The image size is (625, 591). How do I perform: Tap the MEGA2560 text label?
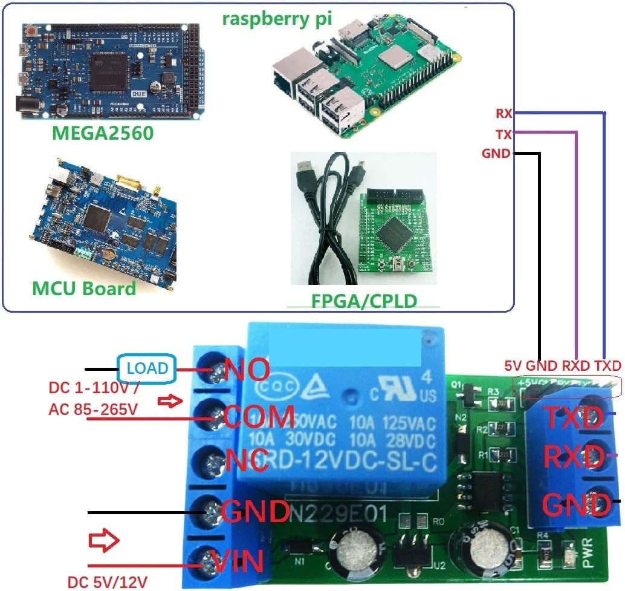[102, 132]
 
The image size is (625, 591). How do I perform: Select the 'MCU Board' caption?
[84, 288]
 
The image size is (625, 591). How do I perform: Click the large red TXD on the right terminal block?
[574, 417]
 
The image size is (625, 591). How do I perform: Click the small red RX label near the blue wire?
[504, 113]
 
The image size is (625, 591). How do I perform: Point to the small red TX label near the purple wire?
[504, 134]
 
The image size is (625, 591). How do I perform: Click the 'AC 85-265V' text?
[92, 410]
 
